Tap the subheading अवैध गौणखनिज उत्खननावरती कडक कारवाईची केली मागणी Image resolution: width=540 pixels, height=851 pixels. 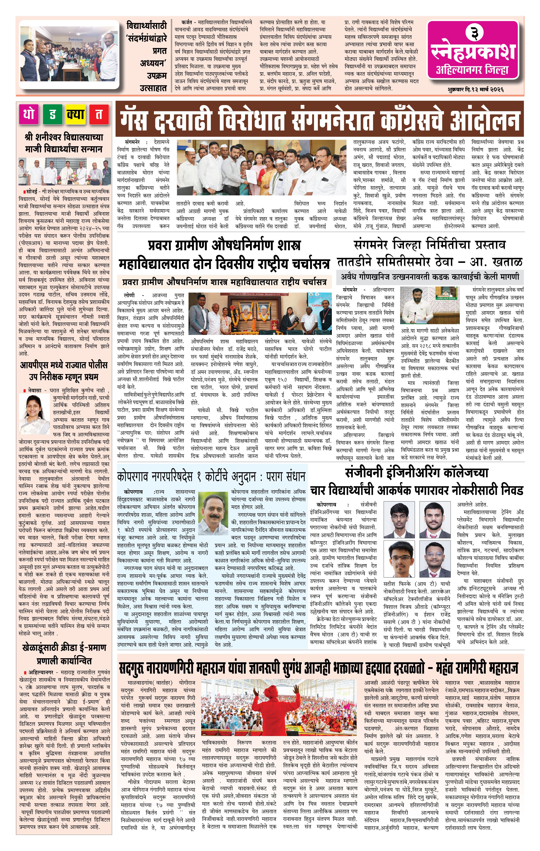tap(430, 276)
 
